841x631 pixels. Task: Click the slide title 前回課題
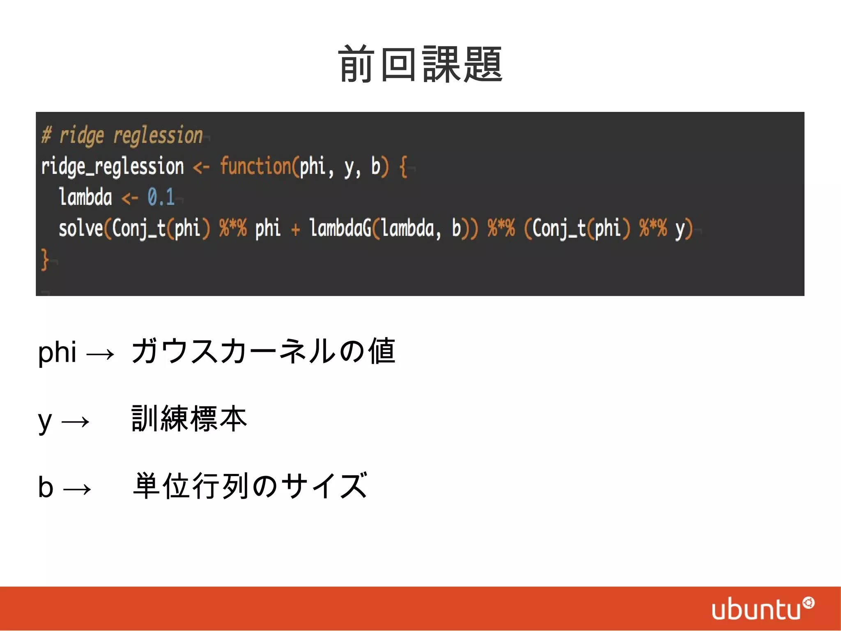[420, 65]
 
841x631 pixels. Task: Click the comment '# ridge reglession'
[122, 135]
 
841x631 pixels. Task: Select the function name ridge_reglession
[112, 166]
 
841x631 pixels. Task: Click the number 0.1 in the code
[161, 197]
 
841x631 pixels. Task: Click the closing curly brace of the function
[45, 259]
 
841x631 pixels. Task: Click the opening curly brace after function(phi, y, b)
[403, 166]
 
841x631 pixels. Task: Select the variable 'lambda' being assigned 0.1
[85, 197]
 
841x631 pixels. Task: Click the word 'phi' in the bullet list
[57, 352]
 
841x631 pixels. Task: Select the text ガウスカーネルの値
[263, 351]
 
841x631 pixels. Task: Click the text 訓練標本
[189, 419]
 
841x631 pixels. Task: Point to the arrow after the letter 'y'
[75, 422]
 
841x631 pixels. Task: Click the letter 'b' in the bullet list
[46, 487]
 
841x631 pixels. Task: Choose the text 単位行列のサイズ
[250, 486]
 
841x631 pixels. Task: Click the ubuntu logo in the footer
[762, 608]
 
